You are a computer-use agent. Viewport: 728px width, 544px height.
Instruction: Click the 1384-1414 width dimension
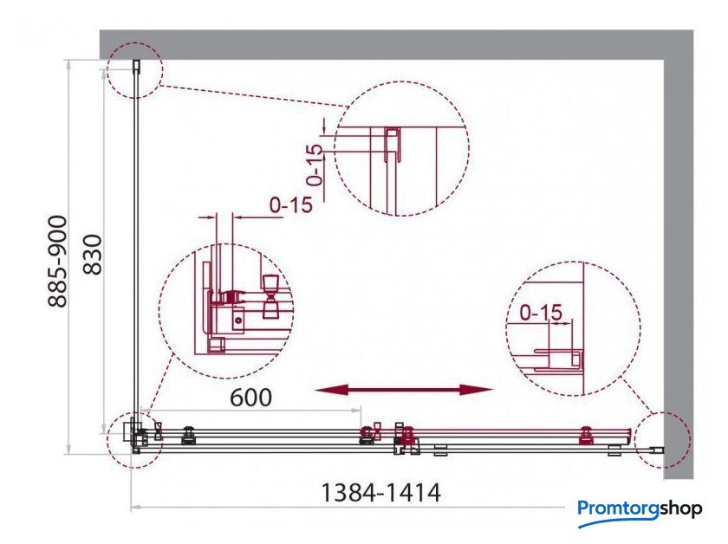tap(380, 493)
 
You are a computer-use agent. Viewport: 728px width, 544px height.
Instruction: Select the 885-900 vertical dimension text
tap(58, 262)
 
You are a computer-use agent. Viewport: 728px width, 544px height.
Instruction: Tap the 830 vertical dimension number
tap(92, 255)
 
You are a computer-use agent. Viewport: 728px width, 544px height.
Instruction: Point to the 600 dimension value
tap(251, 398)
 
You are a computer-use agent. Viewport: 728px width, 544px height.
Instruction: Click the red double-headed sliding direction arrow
tap(404, 390)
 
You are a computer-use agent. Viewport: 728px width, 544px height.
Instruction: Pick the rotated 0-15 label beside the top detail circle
tap(315, 165)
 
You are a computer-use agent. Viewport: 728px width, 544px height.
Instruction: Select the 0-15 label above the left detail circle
tap(291, 204)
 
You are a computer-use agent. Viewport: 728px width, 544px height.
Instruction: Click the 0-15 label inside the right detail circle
tap(541, 313)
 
